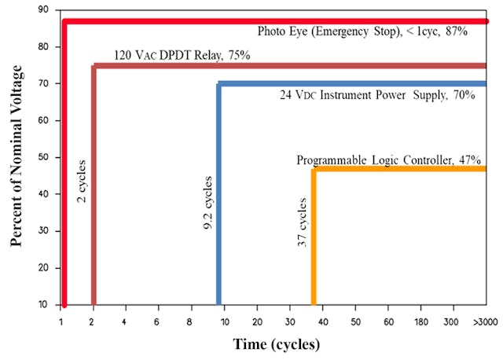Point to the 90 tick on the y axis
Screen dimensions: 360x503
point(42,9)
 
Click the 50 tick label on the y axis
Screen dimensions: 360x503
point(42,157)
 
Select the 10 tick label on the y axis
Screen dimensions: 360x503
point(42,304)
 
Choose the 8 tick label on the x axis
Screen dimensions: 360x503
point(191,322)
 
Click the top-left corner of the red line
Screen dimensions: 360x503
point(64,20)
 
